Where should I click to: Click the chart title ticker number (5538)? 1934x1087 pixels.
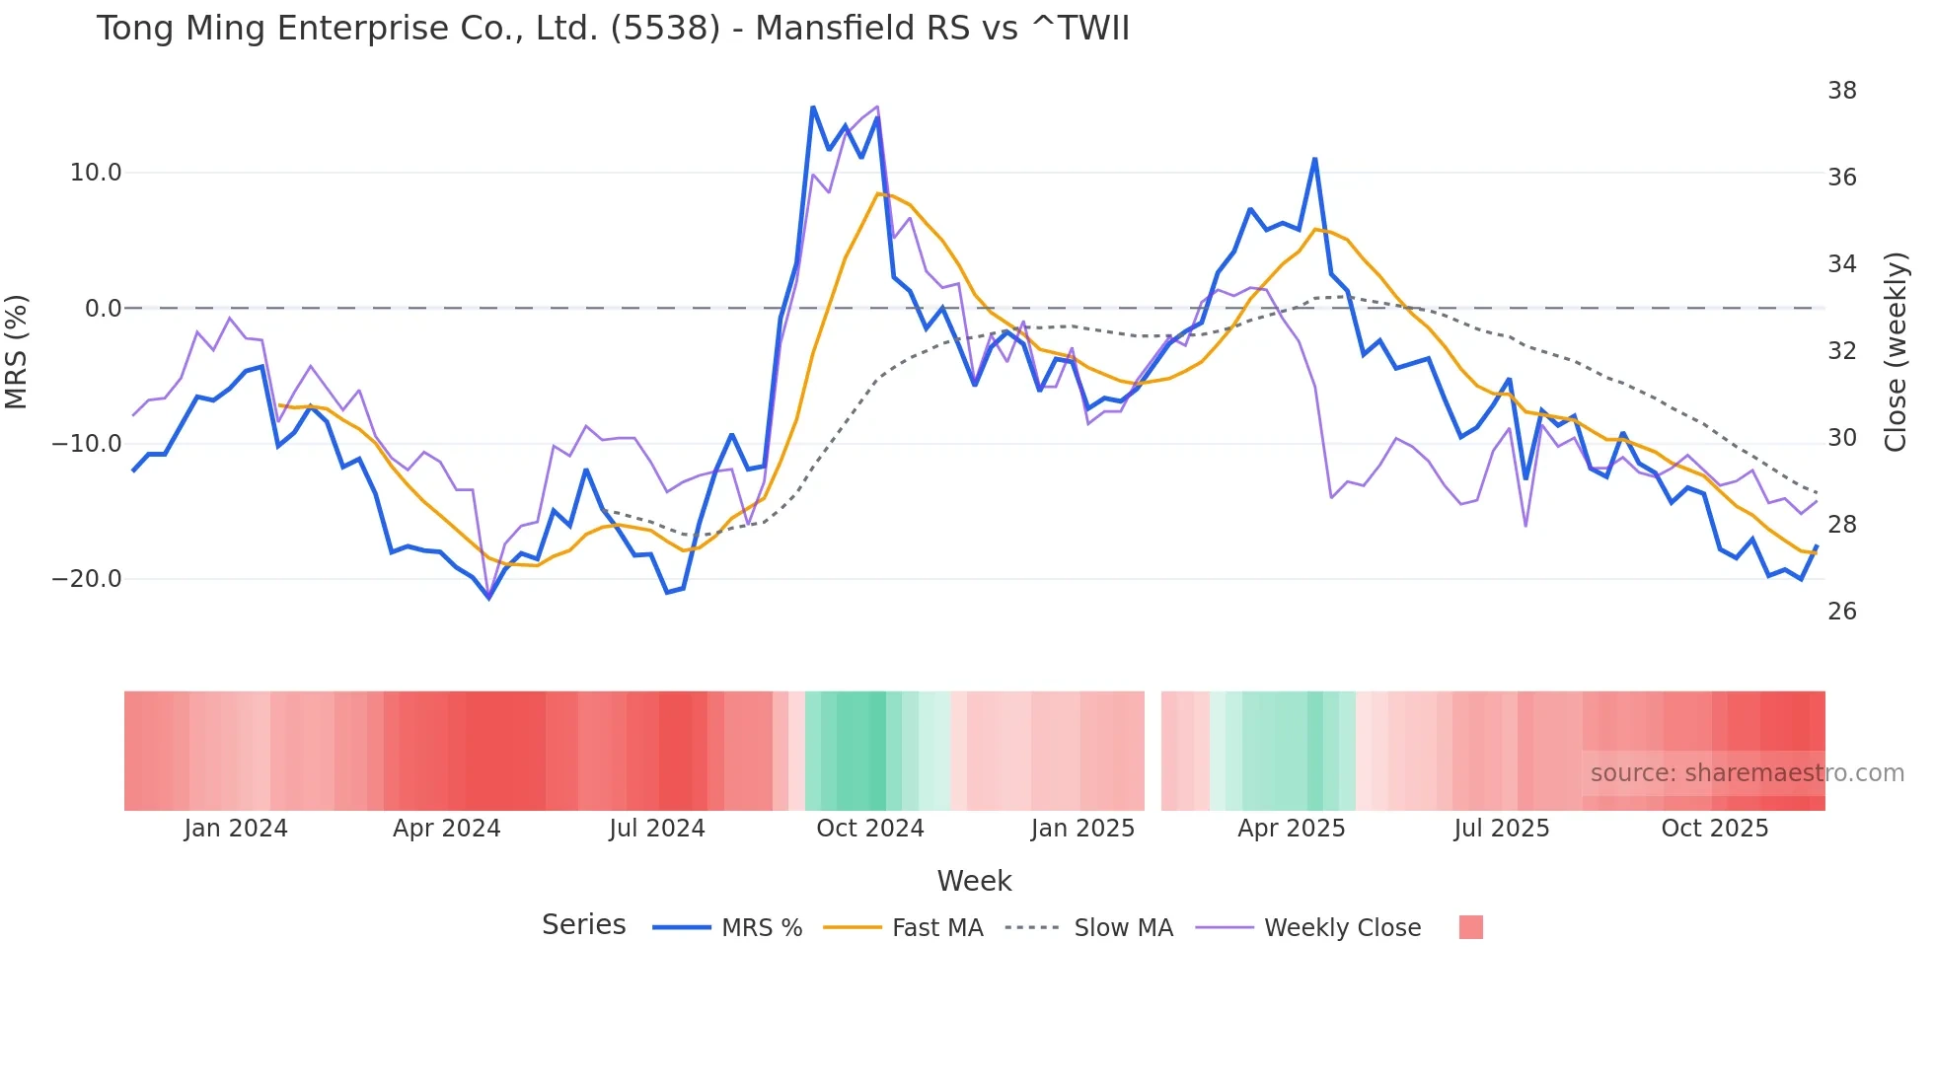(x=665, y=29)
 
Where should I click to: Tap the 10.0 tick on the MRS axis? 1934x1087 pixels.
(x=96, y=173)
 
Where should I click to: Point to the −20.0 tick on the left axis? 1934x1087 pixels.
(x=87, y=579)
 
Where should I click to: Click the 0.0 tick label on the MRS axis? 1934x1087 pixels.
(x=103, y=309)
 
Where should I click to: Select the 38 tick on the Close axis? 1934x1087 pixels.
(x=1841, y=91)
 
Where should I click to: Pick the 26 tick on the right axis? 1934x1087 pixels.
(x=1841, y=612)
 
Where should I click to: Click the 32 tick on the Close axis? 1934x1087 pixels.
(x=1841, y=351)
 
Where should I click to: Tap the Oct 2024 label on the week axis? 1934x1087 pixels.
(x=869, y=829)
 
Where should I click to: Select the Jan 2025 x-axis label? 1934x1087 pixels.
(x=1082, y=829)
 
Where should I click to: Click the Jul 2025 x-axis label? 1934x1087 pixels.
(x=1501, y=829)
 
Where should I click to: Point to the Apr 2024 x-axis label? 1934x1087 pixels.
(x=446, y=829)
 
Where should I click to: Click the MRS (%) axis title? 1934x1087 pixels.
(x=17, y=352)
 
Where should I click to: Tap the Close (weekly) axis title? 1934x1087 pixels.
(x=1895, y=352)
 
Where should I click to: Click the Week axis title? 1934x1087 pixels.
(x=974, y=881)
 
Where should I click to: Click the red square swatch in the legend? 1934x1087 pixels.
(x=1470, y=927)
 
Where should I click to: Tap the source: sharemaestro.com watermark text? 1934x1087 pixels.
(x=1747, y=773)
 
